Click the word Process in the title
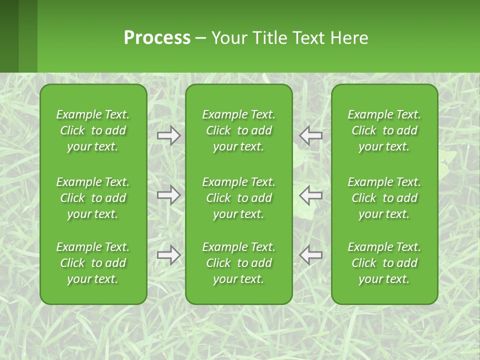pyautogui.click(x=157, y=38)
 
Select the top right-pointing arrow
pyautogui.click(x=169, y=135)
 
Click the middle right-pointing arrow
pyautogui.click(x=169, y=195)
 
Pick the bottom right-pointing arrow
pyautogui.click(x=169, y=255)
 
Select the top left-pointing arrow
pyautogui.click(x=310, y=135)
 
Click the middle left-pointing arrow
pyautogui.click(x=310, y=195)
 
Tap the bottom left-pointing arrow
pyautogui.click(x=310, y=255)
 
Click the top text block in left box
pyautogui.click(x=93, y=130)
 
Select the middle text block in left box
pyautogui.click(x=93, y=198)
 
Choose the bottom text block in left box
pyautogui.click(x=93, y=263)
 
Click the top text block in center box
pyautogui.click(x=238, y=130)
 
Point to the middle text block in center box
pyautogui.click(x=238, y=198)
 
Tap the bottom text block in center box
pyautogui.click(x=238, y=263)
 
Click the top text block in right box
pyautogui.click(x=384, y=130)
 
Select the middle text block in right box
pyautogui.click(x=384, y=198)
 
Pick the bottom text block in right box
pyautogui.click(x=384, y=263)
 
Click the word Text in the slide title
pyautogui.click(x=308, y=38)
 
